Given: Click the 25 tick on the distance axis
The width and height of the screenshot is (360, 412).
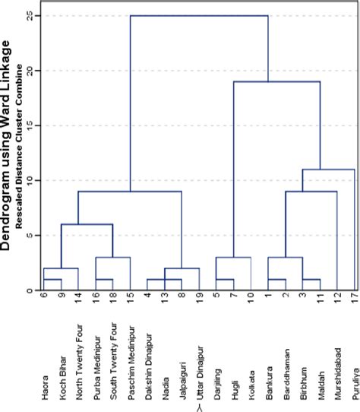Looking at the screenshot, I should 28,15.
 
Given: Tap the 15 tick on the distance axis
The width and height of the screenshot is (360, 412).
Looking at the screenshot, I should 28,125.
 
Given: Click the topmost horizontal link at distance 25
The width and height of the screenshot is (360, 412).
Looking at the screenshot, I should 199,15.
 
